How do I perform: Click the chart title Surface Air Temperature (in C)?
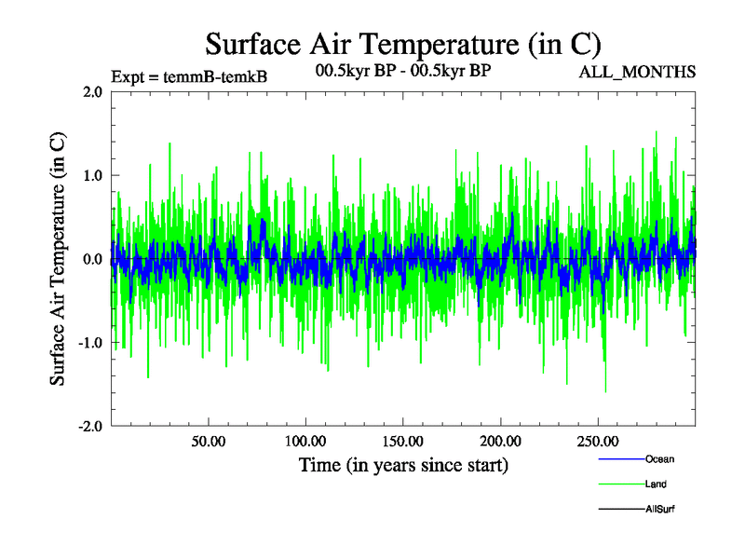402,44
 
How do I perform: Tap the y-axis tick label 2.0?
91,91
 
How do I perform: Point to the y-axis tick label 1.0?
91,175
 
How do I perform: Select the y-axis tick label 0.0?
91,259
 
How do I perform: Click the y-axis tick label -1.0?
88,343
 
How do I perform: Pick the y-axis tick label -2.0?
88,426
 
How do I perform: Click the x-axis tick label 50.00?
208,441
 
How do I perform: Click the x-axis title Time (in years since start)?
403,464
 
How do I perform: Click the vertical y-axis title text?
58,259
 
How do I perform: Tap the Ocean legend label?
659,458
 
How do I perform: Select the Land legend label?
656,484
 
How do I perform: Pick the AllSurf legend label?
659,509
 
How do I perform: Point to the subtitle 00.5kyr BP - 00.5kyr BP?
403,70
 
